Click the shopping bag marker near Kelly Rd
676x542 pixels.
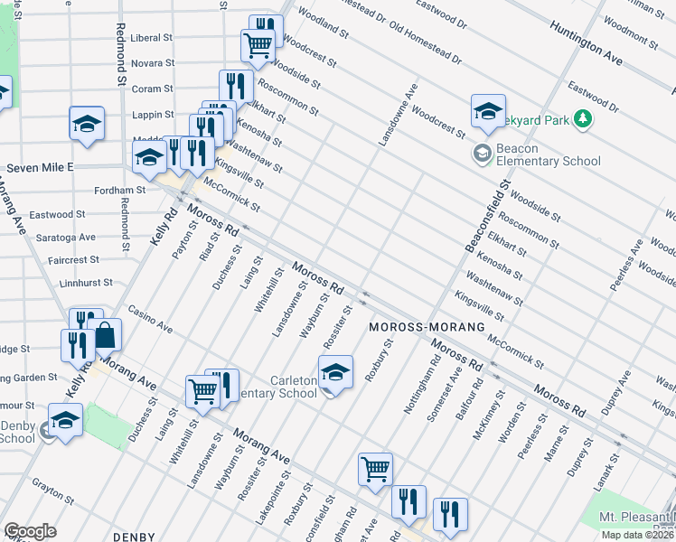tap(106, 335)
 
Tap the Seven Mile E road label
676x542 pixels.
tap(40, 168)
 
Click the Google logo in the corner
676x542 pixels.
tap(30, 530)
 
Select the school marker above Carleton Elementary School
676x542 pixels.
tap(334, 371)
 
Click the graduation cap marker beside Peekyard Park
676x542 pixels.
tap(487, 111)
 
